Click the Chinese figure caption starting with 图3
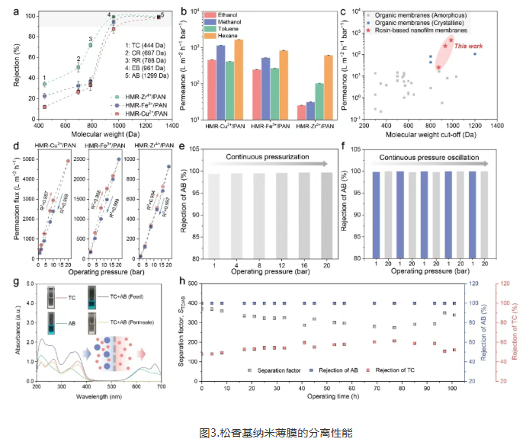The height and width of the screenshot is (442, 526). coord(263,431)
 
